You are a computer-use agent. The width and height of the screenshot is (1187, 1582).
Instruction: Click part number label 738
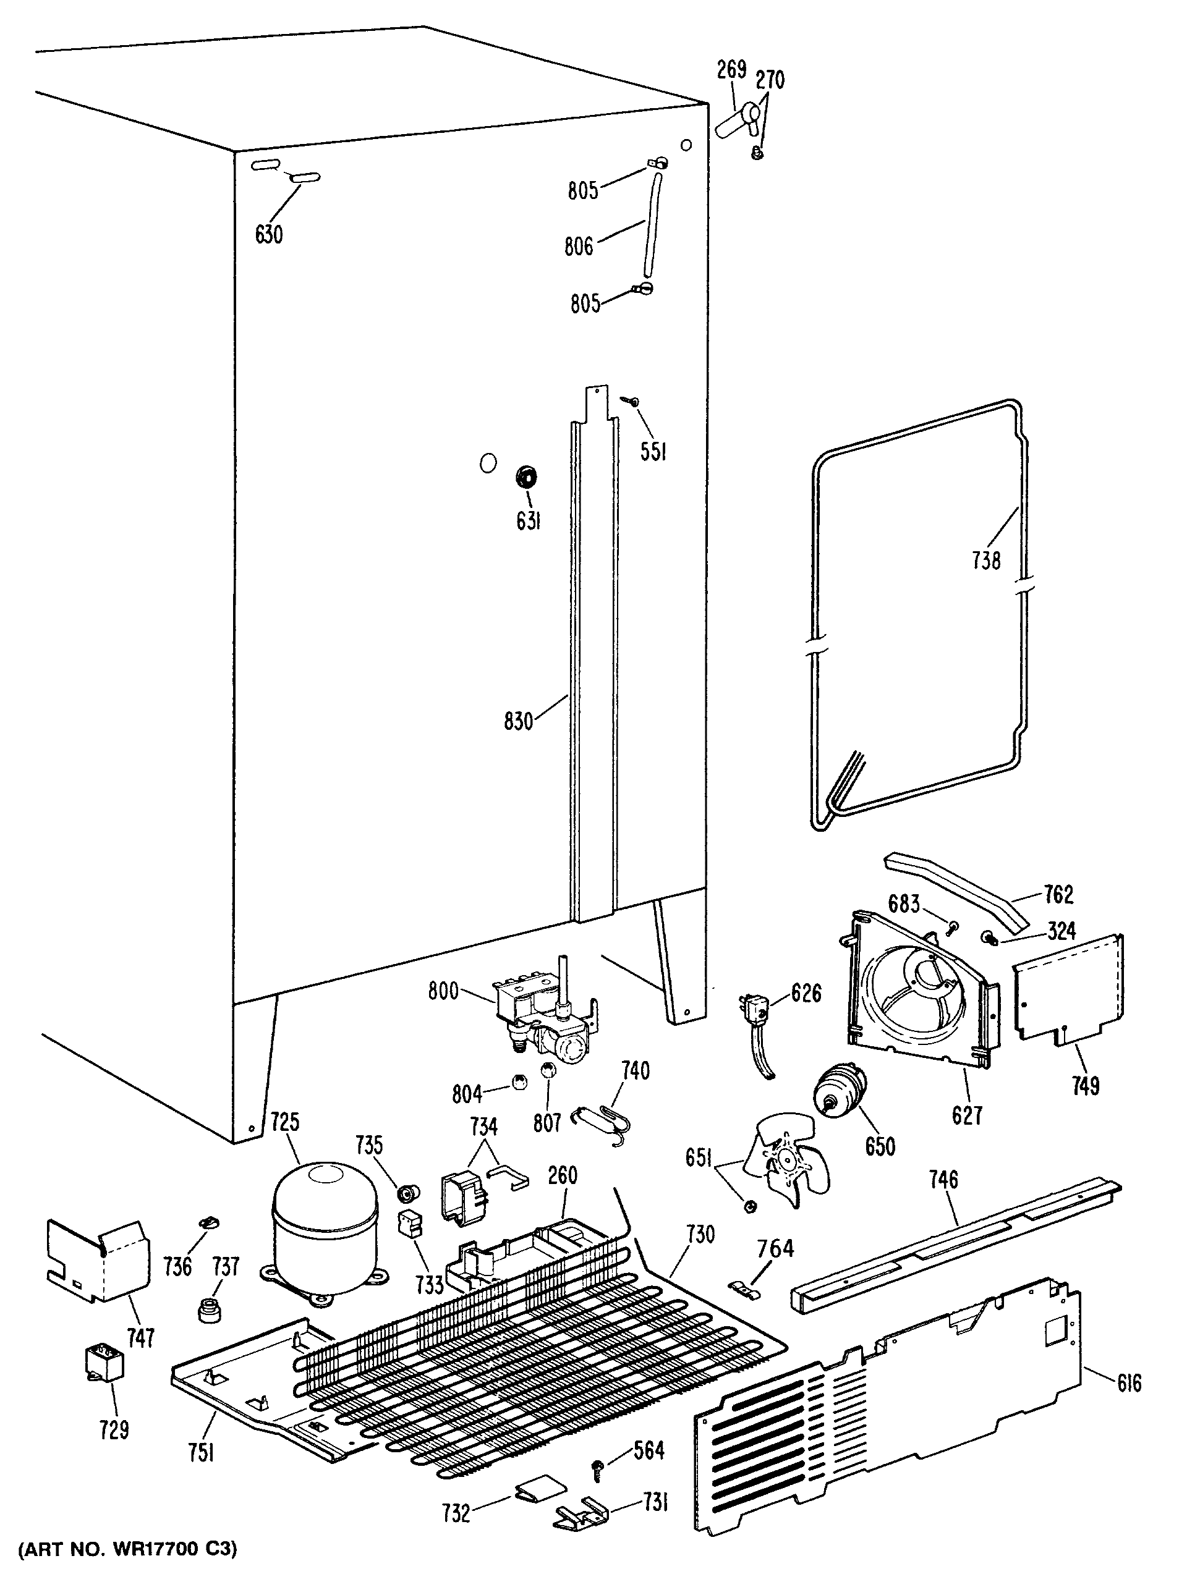(986, 560)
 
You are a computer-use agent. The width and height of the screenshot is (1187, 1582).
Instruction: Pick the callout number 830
(519, 722)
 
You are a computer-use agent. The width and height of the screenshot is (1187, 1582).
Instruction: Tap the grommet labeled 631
(527, 476)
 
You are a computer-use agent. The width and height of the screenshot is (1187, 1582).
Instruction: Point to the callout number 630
(269, 235)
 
